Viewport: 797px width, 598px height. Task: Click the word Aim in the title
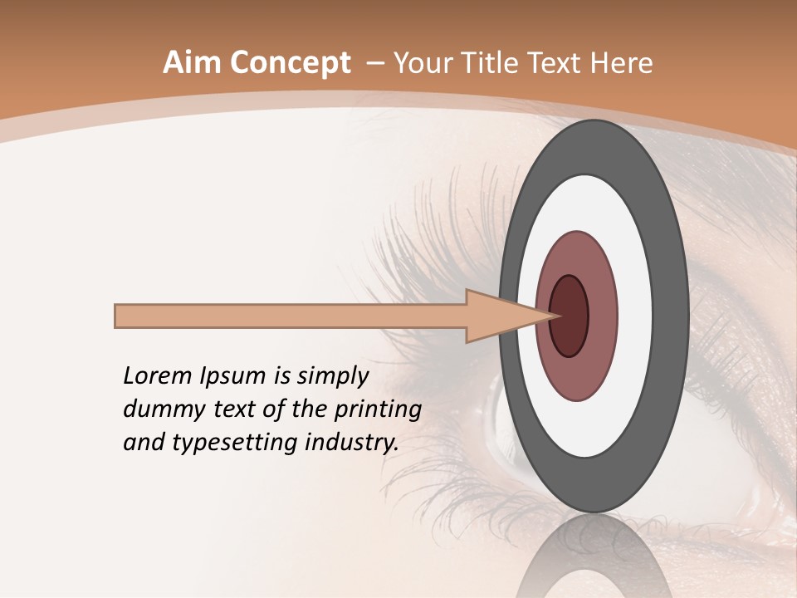(x=192, y=63)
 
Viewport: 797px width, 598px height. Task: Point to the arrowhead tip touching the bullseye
(x=554, y=316)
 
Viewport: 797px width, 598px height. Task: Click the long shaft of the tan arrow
(x=291, y=316)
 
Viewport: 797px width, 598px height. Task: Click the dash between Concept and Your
(x=374, y=63)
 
